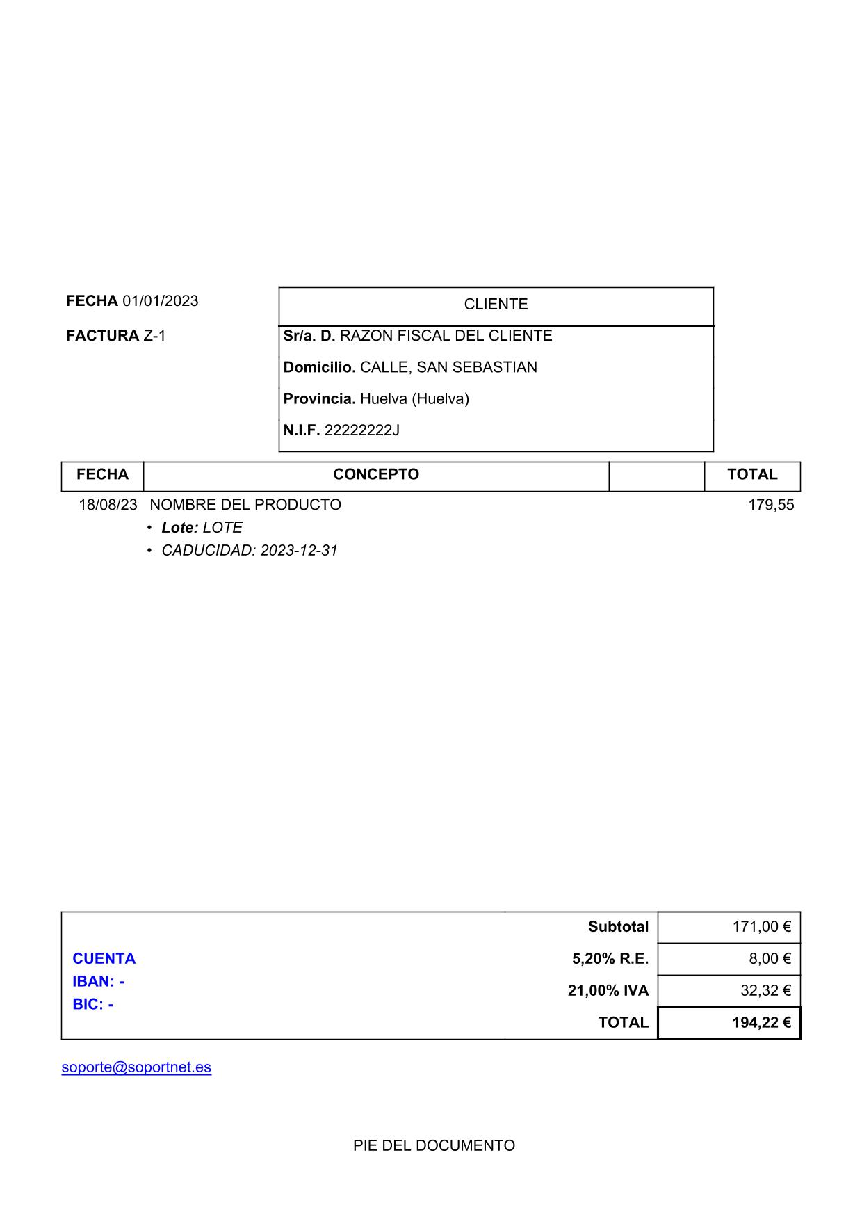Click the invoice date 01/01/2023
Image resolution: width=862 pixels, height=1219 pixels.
[x=160, y=301]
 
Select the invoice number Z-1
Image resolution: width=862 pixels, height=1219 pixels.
[x=154, y=336]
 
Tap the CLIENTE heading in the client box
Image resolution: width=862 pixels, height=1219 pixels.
[x=496, y=305]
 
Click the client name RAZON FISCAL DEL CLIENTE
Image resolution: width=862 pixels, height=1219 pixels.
[x=446, y=336]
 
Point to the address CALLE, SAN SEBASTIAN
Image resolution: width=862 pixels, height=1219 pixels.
[x=448, y=367]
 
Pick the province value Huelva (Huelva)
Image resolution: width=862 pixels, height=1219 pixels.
[x=414, y=399]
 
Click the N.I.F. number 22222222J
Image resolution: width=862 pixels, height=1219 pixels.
[x=361, y=430]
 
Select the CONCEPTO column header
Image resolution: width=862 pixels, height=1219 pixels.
[x=376, y=475]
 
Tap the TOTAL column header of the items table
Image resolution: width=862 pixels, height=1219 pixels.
[x=752, y=475]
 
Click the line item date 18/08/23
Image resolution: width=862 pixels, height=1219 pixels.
[x=108, y=505]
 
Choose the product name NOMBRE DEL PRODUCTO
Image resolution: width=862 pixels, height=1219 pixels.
[x=245, y=505]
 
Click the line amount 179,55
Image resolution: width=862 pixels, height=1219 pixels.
[x=771, y=505]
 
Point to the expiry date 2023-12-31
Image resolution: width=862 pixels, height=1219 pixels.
[x=299, y=551]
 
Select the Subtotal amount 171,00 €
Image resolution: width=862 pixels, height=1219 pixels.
[x=761, y=927]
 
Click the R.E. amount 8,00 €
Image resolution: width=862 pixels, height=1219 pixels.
[x=770, y=959]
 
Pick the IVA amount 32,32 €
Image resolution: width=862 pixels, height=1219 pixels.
[x=765, y=991]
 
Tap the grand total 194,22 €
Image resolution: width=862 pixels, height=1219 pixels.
[x=761, y=1023]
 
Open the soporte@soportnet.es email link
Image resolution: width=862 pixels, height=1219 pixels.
[x=136, y=1067]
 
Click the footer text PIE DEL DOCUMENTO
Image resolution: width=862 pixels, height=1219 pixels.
[x=434, y=1146]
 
